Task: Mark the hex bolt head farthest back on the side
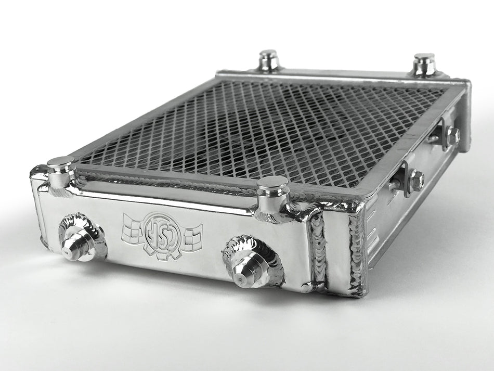point(453,136)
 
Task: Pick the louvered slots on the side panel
point(373,229)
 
